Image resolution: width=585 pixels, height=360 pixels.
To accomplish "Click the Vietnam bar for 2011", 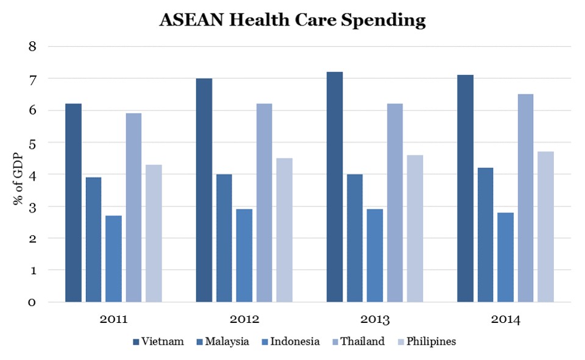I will [x=73, y=203].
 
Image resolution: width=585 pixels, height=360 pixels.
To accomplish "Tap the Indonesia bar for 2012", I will [x=244, y=255].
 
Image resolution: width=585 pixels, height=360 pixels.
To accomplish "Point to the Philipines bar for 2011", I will [x=154, y=233].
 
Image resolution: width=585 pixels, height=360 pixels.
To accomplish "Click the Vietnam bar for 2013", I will [x=335, y=187].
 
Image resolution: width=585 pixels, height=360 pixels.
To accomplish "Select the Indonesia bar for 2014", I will [x=505, y=257].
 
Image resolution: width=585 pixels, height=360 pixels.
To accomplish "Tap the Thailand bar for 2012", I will [x=264, y=203].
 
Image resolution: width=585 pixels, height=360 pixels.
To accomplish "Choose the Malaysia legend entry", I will [x=222, y=341].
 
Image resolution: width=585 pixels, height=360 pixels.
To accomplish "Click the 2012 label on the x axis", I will [x=244, y=319].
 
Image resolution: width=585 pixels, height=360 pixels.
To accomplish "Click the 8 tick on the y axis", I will [x=33, y=47].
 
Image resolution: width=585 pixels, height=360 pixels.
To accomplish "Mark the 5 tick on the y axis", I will [x=33, y=143].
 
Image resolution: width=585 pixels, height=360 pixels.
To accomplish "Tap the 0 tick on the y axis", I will [x=33, y=302].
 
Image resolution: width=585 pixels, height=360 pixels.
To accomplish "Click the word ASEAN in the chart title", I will [x=189, y=20].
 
